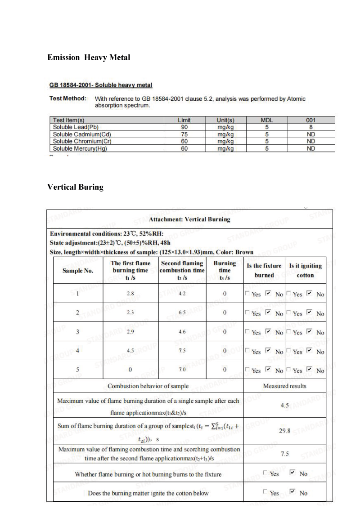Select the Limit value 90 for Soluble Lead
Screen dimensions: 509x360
click(184, 127)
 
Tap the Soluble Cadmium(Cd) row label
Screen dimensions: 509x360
click(82, 134)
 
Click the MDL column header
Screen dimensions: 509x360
click(267, 121)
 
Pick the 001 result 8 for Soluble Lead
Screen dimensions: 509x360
click(310, 127)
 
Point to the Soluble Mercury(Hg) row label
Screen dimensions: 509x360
click(80, 148)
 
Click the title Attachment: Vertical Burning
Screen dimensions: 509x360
click(189, 219)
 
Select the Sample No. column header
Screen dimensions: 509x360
click(77, 270)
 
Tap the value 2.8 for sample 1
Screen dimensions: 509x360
click(130, 294)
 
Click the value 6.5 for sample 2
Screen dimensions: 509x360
click(182, 313)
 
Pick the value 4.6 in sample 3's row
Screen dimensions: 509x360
click(182, 332)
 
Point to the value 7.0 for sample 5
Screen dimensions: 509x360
click(182, 370)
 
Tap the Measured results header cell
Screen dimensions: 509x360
click(284, 386)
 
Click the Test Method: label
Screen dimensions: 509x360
click(67, 98)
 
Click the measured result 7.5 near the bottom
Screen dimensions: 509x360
click(284, 454)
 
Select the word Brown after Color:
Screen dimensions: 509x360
click(244, 252)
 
